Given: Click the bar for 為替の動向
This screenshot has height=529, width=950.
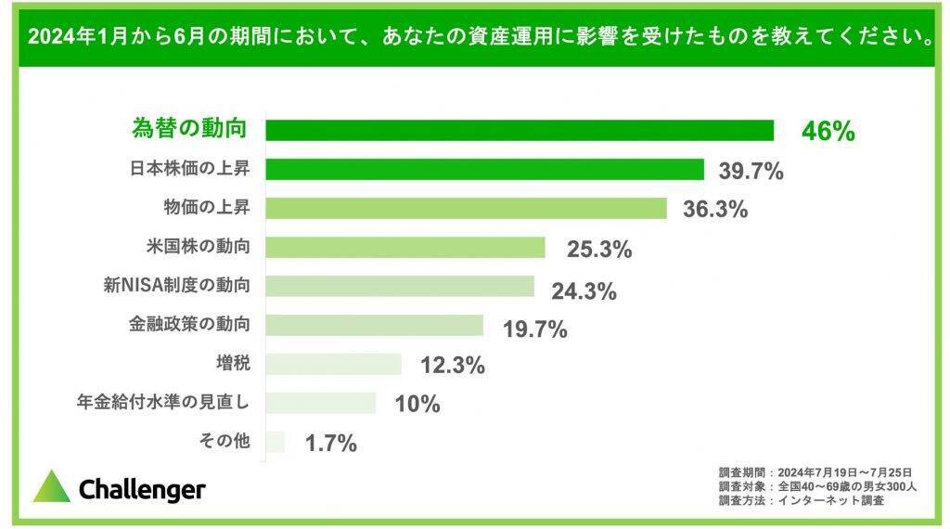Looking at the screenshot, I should point(520,130).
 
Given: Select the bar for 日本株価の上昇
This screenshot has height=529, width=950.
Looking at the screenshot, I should point(484,169).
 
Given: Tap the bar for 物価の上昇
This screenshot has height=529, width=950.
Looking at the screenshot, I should point(466,208).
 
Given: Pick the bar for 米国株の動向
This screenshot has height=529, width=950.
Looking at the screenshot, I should point(404,248).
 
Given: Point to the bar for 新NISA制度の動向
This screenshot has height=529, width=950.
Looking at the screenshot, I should point(400,287).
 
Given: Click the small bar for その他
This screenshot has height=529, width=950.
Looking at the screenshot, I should point(276,442).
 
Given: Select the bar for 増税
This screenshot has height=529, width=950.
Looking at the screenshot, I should point(333,364).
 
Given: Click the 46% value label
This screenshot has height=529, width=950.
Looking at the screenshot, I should point(828,132).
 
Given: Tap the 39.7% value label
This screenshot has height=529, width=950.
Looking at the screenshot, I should point(751,171).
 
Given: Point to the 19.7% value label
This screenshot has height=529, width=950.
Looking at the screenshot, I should point(533,328).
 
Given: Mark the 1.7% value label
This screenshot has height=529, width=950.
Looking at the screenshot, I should point(331,444).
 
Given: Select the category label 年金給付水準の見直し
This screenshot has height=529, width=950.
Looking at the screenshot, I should point(164,403).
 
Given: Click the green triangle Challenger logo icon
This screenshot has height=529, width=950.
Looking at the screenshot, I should point(52,487).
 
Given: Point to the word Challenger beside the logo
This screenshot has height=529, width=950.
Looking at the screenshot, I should point(142,489).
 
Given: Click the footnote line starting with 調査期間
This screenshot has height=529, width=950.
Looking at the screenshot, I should point(815,471).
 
